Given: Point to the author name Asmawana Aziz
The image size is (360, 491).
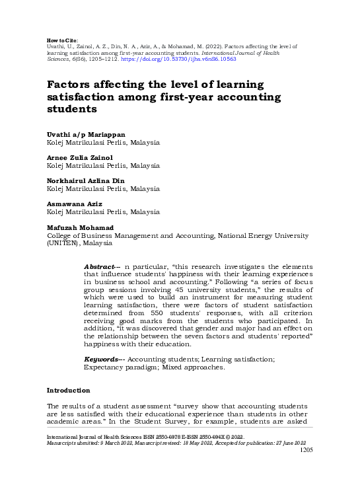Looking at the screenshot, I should point(69,205).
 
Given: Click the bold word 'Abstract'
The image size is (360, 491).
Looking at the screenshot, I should point(100,266).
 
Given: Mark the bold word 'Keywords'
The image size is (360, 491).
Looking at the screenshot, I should point(101,358).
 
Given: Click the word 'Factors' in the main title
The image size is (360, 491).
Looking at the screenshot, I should point(71,85).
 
